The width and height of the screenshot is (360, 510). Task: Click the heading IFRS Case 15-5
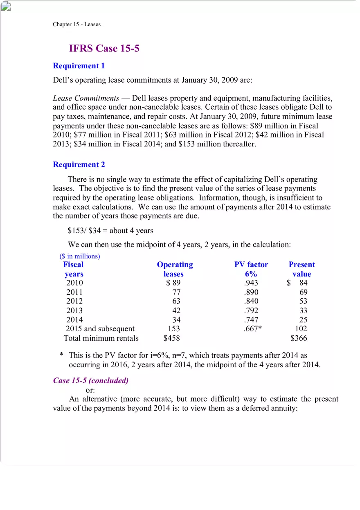(x=104, y=48)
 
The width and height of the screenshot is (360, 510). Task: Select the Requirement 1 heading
(x=79, y=66)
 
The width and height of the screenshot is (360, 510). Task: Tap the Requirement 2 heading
(x=79, y=164)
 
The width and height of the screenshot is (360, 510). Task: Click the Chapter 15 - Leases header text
(x=76, y=24)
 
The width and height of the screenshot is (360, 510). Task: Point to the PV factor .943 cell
(x=251, y=283)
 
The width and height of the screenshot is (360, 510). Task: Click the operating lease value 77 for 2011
(x=176, y=292)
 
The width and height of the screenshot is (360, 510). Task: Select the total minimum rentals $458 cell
(x=171, y=338)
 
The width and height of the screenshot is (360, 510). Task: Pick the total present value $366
(x=299, y=338)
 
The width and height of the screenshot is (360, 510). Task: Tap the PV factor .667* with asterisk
(x=252, y=329)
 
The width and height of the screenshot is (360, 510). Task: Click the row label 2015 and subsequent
(x=100, y=329)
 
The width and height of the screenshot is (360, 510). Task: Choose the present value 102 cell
(x=301, y=329)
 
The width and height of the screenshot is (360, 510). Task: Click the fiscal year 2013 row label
(x=74, y=310)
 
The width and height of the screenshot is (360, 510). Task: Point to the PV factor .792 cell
(x=251, y=310)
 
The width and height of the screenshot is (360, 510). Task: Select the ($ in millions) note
(x=80, y=256)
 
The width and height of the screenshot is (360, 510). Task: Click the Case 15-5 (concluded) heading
(x=91, y=380)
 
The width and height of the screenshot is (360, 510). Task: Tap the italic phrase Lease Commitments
(x=86, y=98)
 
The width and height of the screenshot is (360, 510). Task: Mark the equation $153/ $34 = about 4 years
(x=110, y=231)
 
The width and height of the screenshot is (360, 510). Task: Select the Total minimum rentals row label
(x=101, y=338)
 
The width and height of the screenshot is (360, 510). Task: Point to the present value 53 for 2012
(x=303, y=301)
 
